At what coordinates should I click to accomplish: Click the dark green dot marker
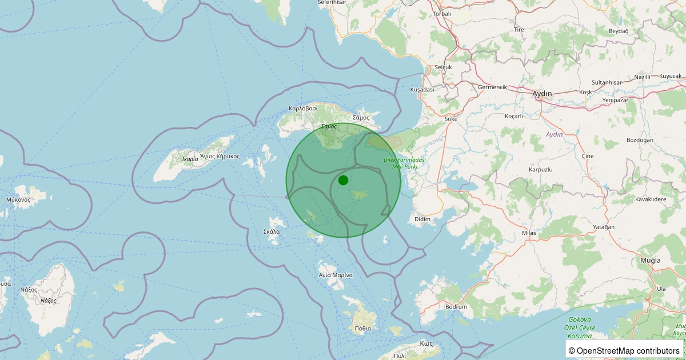[343, 181]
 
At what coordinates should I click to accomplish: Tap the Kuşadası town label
[422, 90]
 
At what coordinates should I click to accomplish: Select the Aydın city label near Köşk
[542, 93]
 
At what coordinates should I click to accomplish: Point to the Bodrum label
[456, 307]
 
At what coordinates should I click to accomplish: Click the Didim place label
[422, 219]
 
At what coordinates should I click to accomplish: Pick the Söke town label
[451, 119]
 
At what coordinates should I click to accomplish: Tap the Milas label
[529, 233]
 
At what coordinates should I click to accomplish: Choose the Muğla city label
[651, 260]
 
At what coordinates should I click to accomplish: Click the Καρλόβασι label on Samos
[303, 108]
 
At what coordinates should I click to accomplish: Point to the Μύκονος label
[18, 199]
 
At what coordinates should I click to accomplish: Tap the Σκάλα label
[272, 231]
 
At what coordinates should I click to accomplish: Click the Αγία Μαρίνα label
[336, 275]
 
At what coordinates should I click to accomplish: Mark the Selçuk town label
[443, 67]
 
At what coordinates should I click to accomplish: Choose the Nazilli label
[643, 77]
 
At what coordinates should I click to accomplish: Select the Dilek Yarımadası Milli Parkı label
[405, 163]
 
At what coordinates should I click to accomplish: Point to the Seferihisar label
[332, 2]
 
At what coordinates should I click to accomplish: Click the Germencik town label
[492, 87]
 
